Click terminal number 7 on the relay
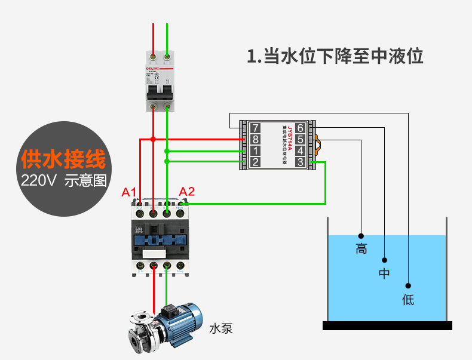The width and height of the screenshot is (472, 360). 255,128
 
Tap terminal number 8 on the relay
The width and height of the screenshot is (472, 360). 255,139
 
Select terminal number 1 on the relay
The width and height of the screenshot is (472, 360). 255,150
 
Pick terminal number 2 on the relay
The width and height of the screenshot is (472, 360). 255,162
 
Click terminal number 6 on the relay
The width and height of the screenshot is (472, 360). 300,128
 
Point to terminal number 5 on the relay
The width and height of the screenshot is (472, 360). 300,139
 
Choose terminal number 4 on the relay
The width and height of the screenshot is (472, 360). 300,150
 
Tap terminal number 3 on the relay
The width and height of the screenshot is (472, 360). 300,162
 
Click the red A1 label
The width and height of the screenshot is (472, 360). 130,192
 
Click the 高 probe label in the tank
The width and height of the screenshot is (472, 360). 361,249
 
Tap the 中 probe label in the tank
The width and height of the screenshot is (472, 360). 384,274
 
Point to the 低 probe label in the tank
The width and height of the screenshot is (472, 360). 408,300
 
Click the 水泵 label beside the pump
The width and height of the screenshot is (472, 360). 220,328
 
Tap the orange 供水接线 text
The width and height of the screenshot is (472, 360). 63,159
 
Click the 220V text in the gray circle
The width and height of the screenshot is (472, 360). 38,180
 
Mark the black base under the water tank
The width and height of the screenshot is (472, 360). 387,325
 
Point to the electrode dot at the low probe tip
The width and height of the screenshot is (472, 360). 409,285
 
